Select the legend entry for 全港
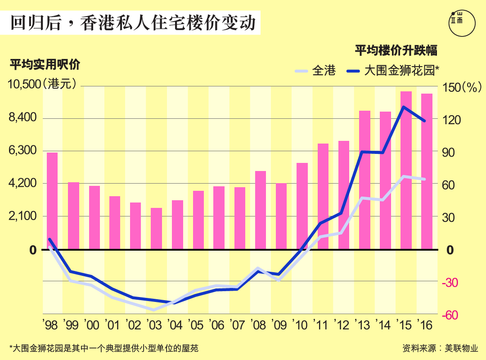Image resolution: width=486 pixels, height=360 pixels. click(x=315, y=70)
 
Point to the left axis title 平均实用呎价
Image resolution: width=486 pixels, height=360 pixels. click(x=45, y=64)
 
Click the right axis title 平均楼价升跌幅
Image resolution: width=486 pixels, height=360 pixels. click(x=396, y=50)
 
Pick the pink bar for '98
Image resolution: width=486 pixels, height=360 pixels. click(x=52, y=201)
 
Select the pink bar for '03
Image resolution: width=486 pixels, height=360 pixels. click(x=156, y=229)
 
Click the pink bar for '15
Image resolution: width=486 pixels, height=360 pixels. click(x=406, y=170)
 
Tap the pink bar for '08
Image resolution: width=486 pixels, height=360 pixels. click(x=261, y=210)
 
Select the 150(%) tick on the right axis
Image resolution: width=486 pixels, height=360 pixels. click(x=463, y=87)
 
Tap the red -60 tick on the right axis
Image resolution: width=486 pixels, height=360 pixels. click(x=450, y=315)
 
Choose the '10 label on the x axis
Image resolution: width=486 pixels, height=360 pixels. click(x=302, y=324)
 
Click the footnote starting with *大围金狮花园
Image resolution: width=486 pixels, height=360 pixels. click(x=103, y=348)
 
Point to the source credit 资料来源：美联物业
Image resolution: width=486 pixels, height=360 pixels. click(x=440, y=348)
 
